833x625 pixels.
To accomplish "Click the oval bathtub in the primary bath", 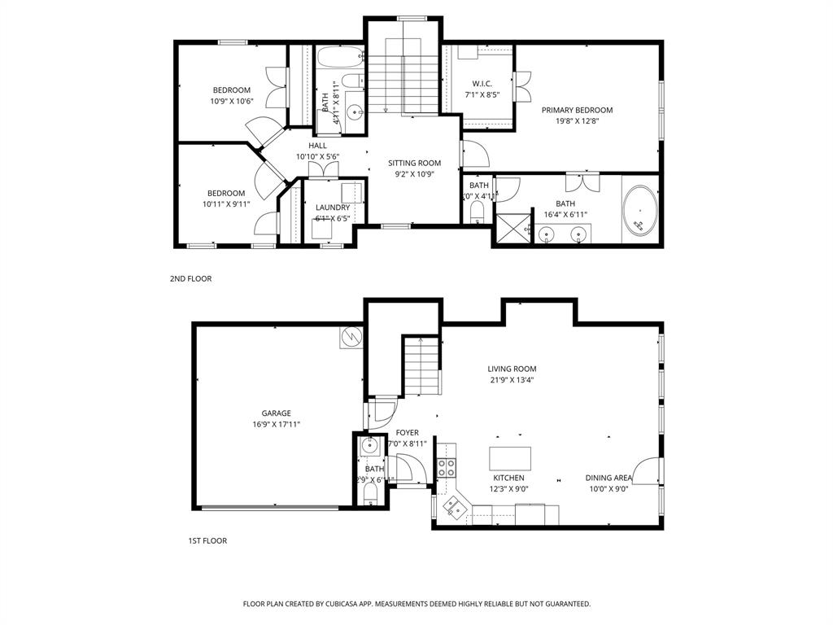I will pyautogui.click(x=640, y=212).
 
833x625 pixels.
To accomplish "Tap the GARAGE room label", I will pyautogui.click(x=276, y=413).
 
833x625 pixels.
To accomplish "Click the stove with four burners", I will pyautogui.click(x=447, y=467).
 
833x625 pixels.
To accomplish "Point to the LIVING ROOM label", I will pyautogui.click(x=512, y=368).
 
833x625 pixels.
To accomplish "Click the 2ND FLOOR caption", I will pyautogui.click(x=190, y=278).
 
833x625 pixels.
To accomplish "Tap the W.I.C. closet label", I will pyautogui.click(x=482, y=84).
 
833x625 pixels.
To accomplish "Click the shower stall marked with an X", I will pyautogui.click(x=512, y=228).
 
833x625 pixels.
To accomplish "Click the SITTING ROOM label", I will pyautogui.click(x=414, y=163).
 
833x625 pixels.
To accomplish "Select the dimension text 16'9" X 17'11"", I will pyautogui.click(x=276, y=424).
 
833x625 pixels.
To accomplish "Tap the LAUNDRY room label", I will pyautogui.click(x=333, y=208).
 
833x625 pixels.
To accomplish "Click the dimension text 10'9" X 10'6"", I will pyautogui.click(x=232, y=102).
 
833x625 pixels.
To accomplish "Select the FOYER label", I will pyautogui.click(x=407, y=432).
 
